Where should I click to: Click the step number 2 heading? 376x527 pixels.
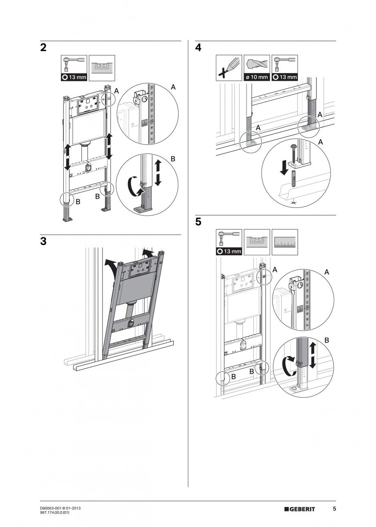(43, 48)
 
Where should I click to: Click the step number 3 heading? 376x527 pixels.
(43, 241)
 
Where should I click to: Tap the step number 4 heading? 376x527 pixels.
(198, 48)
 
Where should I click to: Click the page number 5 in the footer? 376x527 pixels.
(334, 509)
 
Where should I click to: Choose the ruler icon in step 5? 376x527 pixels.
(284, 242)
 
